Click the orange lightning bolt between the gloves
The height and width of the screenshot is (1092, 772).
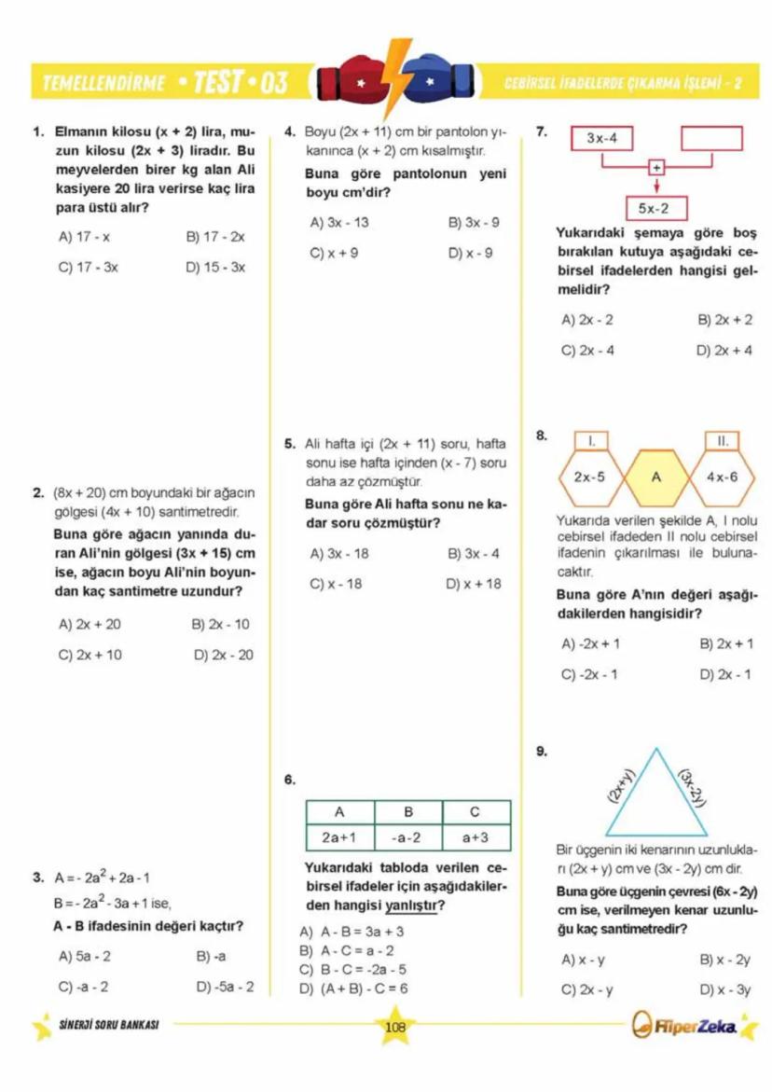coord(394,73)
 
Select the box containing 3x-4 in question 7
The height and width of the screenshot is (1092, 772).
coord(601,139)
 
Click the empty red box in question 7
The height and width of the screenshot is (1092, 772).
coord(711,139)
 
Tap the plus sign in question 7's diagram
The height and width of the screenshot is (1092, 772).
coord(657,168)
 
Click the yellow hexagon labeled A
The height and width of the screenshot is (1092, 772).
coord(656,477)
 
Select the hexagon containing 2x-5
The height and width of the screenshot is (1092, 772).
coord(589,477)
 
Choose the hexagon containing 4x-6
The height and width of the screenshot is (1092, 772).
coord(722,477)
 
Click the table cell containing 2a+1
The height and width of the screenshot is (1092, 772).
coord(339,837)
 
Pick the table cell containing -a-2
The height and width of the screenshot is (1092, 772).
coord(407,837)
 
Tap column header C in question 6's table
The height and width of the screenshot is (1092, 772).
coord(476,811)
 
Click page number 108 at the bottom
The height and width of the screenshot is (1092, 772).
coord(394,1027)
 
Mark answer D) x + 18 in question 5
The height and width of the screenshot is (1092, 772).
coord(474,584)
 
